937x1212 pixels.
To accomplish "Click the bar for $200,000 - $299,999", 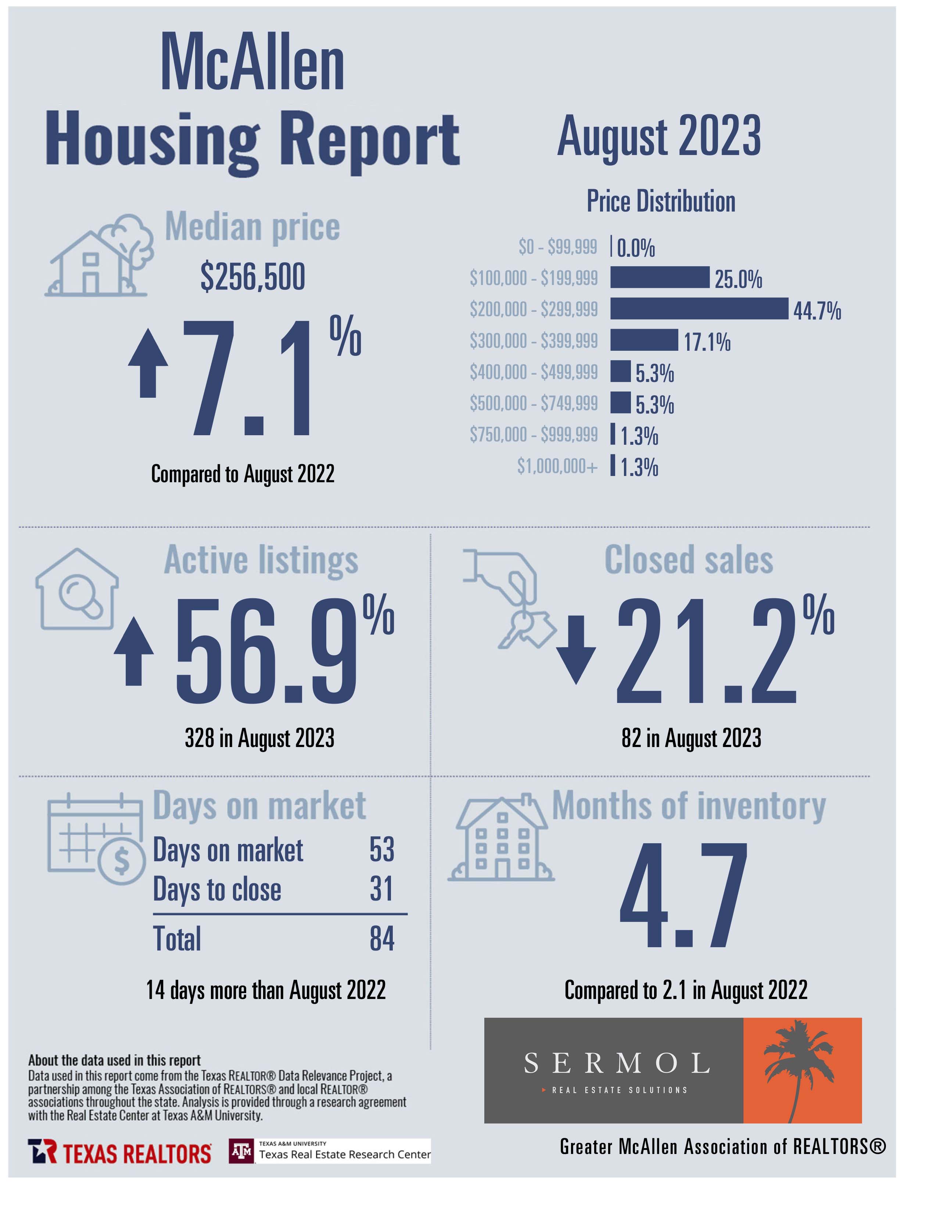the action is pyautogui.click(x=699, y=309).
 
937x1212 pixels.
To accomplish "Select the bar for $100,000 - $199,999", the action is pyautogui.click(x=660, y=277).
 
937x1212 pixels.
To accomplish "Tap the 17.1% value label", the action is pyautogui.click(x=707, y=342).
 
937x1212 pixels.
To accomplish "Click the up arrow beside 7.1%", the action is pyautogui.click(x=148, y=363).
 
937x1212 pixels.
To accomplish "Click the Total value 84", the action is pyautogui.click(x=382, y=938).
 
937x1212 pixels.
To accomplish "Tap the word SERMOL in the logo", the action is pyautogui.click(x=617, y=1063).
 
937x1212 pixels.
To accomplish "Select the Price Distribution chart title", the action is pyautogui.click(x=661, y=201).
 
